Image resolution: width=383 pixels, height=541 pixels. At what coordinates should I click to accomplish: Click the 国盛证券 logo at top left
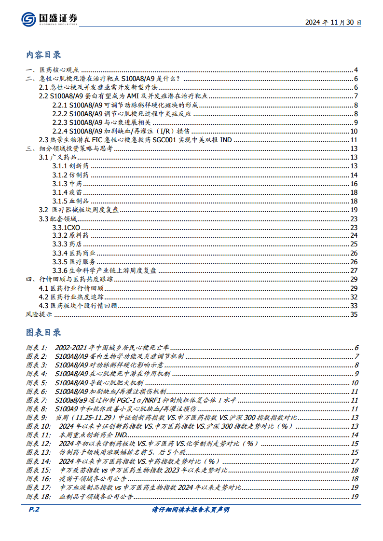(x=49, y=19)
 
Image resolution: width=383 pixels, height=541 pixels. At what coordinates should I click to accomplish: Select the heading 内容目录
(x=43, y=55)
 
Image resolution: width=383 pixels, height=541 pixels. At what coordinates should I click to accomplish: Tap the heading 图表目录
(x=43, y=332)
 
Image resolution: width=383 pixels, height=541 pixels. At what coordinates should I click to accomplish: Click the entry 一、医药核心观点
(x=53, y=70)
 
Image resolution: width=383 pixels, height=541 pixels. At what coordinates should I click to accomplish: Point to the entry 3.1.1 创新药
(x=70, y=166)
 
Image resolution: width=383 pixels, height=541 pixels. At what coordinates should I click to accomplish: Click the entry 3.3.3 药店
(x=67, y=244)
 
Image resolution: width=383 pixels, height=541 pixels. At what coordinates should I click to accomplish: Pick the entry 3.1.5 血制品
(x=70, y=201)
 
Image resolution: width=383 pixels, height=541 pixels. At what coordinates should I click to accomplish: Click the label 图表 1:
(x=37, y=348)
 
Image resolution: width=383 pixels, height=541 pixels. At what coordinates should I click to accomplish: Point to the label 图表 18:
(x=38, y=496)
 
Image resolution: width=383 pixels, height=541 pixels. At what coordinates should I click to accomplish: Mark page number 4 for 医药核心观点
(x=355, y=70)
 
